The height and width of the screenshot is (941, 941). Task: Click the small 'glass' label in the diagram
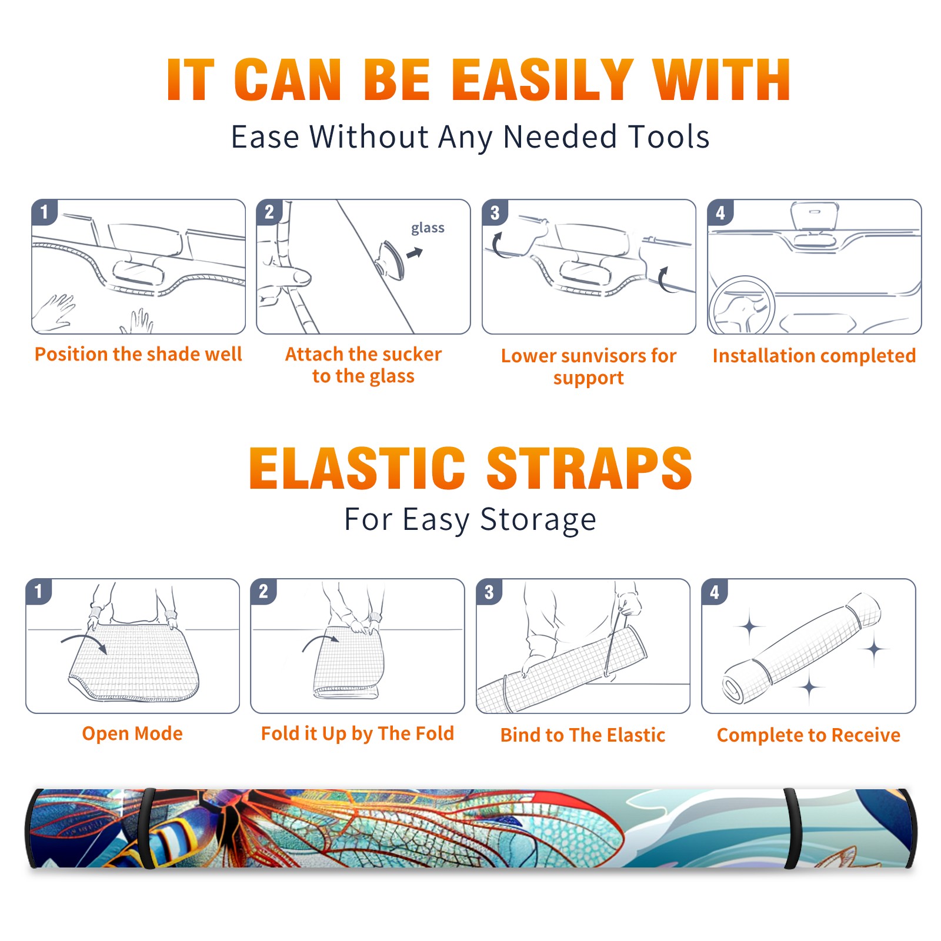pyautogui.click(x=428, y=228)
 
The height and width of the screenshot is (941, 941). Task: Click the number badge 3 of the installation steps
pyautogui.click(x=495, y=212)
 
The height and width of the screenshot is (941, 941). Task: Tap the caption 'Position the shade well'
pyautogui.click(x=138, y=354)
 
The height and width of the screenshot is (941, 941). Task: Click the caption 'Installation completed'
pyautogui.click(x=814, y=356)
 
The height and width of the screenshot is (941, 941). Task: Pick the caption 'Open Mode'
pyautogui.click(x=132, y=733)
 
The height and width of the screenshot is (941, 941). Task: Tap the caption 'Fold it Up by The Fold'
pyautogui.click(x=358, y=733)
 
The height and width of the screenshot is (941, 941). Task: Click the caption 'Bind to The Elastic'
pyautogui.click(x=583, y=735)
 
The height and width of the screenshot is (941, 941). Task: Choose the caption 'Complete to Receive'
pyautogui.click(x=809, y=735)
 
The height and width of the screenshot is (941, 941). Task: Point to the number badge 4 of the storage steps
pyautogui.click(x=715, y=592)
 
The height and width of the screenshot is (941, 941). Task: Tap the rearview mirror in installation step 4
pyautogui.click(x=815, y=216)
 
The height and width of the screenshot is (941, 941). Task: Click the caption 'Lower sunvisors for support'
pyautogui.click(x=589, y=366)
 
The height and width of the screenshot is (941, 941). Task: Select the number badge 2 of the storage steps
pyautogui.click(x=263, y=591)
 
